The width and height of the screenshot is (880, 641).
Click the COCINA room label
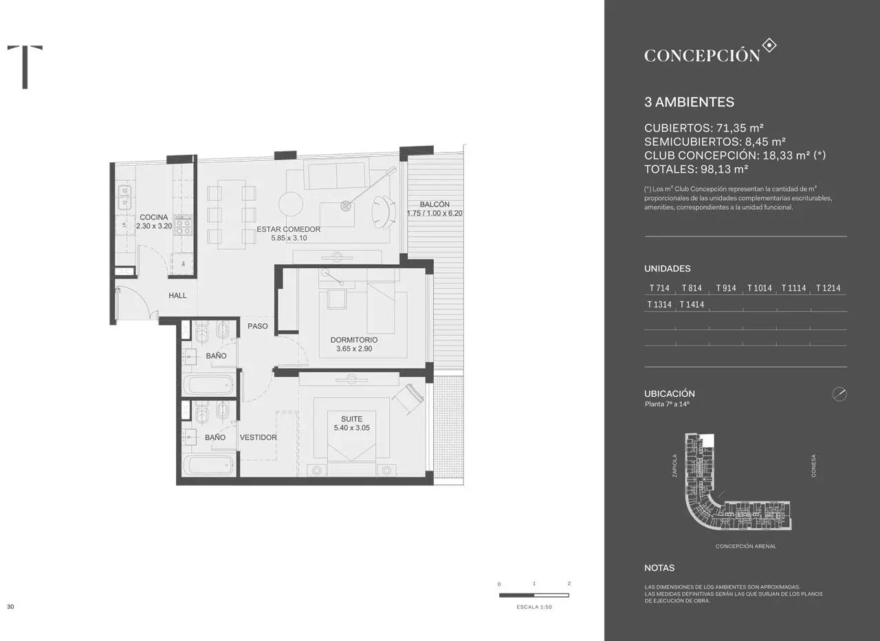[x=153, y=217]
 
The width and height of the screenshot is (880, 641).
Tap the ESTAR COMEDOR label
[x=288, y=230]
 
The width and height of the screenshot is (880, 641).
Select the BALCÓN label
[x=434, y=204]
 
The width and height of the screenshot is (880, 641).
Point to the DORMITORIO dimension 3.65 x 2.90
[x=353, y=349]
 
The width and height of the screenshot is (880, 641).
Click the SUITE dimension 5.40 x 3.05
[x=351, y=428]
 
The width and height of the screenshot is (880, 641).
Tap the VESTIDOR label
[x=258, y=437]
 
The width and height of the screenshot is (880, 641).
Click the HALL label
[x=177, y=296]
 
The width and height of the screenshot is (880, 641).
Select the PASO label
[x=258, y=326]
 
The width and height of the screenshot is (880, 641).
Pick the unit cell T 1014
[x=760, y=288]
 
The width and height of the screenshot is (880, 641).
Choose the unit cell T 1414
[x=692, y=304]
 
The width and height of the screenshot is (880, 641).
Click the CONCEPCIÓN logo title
[x=702, y=56]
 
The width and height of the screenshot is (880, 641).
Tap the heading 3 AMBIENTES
[x=689, y=102]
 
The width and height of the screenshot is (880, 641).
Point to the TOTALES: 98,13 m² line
[x=696, y=169]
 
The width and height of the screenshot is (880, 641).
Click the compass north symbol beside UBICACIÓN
[x=839, y=394]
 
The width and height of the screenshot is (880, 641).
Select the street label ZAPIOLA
[x=675, y=466]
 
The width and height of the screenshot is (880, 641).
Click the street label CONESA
[x=814, y=466]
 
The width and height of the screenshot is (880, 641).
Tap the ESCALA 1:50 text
[x=533, y=607]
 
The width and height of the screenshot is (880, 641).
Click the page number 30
[x=10, y=607]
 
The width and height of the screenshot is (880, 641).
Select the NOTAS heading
[x=659, y=568]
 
